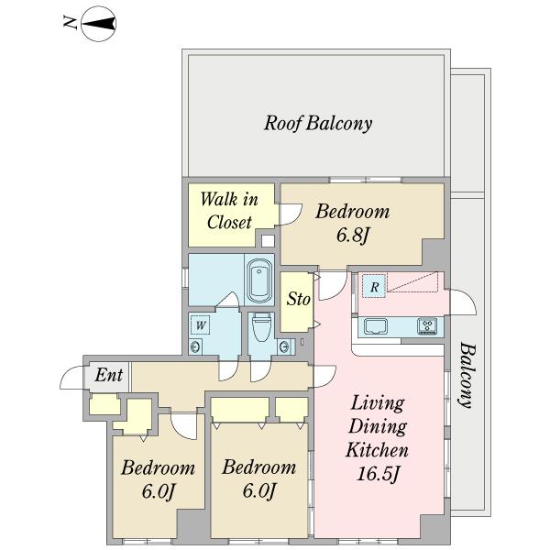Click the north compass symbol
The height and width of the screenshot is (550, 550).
99,24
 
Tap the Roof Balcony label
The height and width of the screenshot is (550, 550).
318,124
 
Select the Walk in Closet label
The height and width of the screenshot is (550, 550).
229,211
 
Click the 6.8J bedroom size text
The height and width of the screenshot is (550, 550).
352,236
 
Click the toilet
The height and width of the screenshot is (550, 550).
261,327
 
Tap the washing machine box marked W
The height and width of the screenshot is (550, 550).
200,324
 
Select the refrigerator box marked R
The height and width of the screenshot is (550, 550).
374,286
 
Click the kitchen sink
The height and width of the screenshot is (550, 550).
375,326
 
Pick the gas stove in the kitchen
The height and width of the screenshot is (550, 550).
427,326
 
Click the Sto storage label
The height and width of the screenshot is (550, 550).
298,299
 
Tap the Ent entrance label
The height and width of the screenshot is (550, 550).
109,375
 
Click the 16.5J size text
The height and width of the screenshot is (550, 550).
378,474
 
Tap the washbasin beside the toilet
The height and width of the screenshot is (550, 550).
284,347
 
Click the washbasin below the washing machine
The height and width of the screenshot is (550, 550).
195,347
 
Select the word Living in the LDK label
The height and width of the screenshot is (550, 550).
378,403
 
